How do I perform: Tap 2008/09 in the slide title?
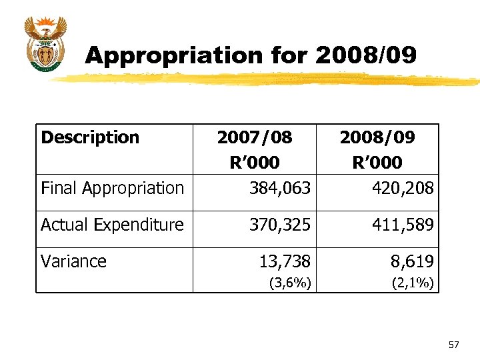[366, 55]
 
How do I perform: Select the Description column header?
[90, 138]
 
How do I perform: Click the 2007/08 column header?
[255, 138]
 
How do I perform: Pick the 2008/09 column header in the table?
[377, 138]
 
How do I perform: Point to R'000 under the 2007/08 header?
[255, 163]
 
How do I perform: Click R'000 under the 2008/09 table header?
[377, 163]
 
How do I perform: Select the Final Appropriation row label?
[112, 189]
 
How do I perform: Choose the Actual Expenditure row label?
[112, 225]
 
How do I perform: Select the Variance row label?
[73, 261]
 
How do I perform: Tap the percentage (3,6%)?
[289, 283]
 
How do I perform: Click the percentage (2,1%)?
[412, 283]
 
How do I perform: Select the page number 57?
[454, 345]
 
